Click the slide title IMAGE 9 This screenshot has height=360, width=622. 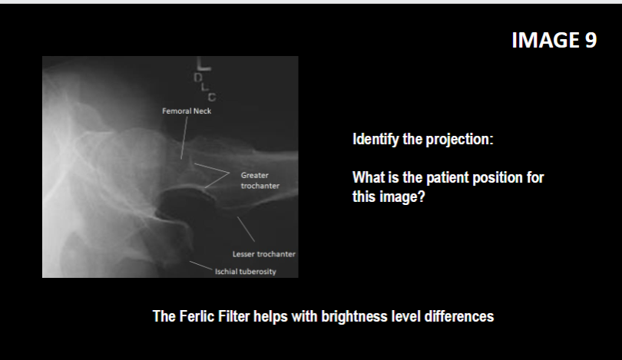coord(554,40)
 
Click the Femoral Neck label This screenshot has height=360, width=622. coord(186,111)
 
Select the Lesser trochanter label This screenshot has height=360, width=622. coord(263,254)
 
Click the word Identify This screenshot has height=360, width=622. coord(377,140)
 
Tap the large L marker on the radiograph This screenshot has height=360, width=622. coord(207,66)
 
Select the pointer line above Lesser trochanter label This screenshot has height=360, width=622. coord(246,228)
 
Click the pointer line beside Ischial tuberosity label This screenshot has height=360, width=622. coord(200,266)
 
